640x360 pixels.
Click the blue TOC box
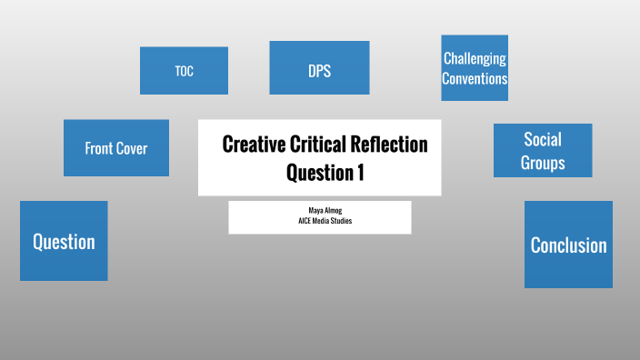point(184,71)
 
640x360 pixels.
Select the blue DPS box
point(319,68)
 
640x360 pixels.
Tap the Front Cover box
point(115,148)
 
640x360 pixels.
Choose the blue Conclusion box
point(568,245)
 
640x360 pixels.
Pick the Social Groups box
point(543,151)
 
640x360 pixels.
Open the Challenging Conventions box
point(475,68)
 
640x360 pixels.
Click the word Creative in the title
point(255,145)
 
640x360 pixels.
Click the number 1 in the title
point(359,172)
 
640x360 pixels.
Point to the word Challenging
point(475,59)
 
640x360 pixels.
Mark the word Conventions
point(475,79)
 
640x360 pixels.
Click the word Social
point(543,140)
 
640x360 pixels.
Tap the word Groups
point(543,164)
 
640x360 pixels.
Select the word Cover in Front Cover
point(132,148)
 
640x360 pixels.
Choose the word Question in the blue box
point(64,242)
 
